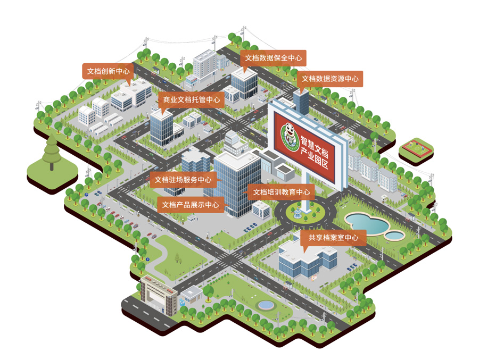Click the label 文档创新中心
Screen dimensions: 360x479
pos(108,71)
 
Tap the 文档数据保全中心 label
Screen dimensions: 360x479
pos(273,57)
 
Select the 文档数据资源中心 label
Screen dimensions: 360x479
pos(330,79)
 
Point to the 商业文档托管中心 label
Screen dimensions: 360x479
pos(191,99)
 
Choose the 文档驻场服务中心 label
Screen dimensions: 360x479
pos(183,179)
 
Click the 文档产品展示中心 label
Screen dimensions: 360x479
pos(191,204)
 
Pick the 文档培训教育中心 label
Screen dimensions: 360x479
pos(281,192)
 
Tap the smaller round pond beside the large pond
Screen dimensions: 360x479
pos(395,234)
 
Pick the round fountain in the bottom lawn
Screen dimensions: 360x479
pos(265,305)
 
